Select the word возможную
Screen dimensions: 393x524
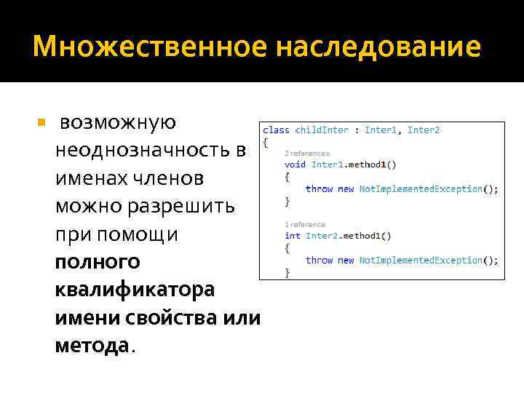pyautogui.click(x=117, y=122)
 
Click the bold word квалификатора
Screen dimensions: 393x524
pyautogui.click(x=135, y=289)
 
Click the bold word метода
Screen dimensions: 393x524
pyautogui.click(x=92, y=345)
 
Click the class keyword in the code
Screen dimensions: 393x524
pyautogui.click(x=277, y=130)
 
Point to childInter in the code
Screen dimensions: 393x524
pyautogui.click(x=321, y=130)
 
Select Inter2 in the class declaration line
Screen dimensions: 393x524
pyautogui.click(x=424, y=130)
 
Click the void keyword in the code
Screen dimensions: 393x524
pyautogui.click(x=295, y=164)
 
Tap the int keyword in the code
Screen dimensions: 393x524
pyautogui.click(x=293, y=236)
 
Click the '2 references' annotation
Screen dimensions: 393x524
pyautogui.click(x=307, y=154)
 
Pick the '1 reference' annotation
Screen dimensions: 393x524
pyautogui.click(x=305, y=225)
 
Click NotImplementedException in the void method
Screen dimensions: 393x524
pyautogui.click(x=421, y=188)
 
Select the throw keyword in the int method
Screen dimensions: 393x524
pyautogui.click(x=319, y=260)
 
